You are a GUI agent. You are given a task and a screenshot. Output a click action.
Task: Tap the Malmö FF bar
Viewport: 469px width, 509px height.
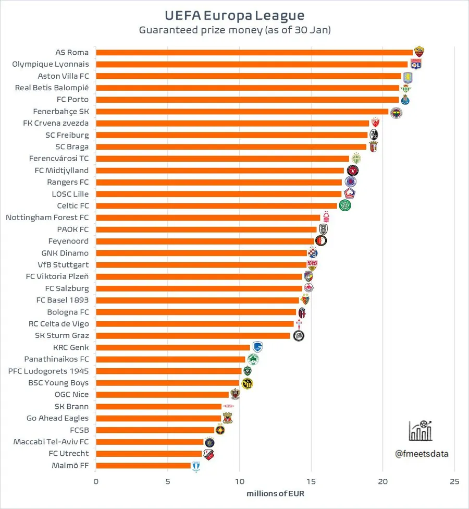click(x=143, y=465)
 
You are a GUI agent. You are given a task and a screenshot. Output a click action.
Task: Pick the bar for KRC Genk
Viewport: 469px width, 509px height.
click(x=173, y=347)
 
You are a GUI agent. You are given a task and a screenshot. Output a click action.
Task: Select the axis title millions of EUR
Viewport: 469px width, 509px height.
click(x=275, y=493)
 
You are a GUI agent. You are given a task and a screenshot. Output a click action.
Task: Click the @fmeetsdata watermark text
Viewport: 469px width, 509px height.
click(x=421, y=453)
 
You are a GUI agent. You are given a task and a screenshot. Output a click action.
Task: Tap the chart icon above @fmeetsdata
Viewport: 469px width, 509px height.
click(x=421, y=431)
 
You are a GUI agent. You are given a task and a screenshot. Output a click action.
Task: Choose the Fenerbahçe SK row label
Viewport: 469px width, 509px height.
click(x=61, y=111)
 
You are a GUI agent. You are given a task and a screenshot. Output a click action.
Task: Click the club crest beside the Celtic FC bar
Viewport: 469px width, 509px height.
click(x=345, y=205)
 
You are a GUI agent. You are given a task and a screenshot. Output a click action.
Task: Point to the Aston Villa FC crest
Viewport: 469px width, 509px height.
click(x=408, y=76)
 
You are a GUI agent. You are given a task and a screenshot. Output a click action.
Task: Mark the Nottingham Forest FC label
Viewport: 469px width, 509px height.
click(x=47, y=217)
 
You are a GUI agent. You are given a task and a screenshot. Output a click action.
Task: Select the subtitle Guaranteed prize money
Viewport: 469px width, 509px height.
click(x=234, y=30)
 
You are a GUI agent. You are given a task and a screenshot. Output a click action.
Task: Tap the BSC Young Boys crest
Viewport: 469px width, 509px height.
click(x=248, y=383)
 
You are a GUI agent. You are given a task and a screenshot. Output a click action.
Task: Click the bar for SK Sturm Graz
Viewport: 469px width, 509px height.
click(x=193, y=335)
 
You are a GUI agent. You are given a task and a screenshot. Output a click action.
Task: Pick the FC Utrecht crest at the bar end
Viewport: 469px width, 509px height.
click(x=209, y=454)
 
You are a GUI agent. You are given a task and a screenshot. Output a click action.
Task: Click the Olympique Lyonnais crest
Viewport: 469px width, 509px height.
click(x=416, y=64)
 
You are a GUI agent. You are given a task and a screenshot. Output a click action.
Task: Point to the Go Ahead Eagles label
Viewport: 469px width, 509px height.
click(x=57, y=418)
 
